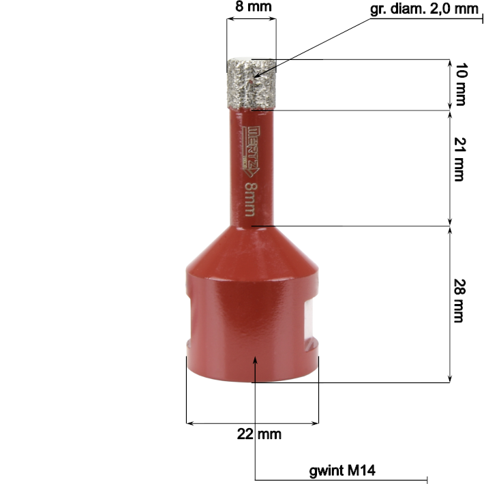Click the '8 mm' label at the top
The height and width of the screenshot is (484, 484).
point(254,7)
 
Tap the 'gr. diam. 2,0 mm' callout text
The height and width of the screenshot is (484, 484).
point(424,9)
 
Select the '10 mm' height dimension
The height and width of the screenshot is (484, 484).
point(461,85)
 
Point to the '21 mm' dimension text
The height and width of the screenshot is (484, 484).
point(460,159)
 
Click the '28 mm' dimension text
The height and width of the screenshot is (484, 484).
point(459,301)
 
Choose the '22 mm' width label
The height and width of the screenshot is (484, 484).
point(259,434)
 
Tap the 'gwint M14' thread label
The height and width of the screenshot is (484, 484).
point(342,470)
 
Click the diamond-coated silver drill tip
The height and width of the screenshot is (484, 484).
point(252,83)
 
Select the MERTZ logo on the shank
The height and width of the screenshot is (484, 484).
point(249,151)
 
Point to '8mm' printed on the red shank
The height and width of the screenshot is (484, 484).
point(250,199)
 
